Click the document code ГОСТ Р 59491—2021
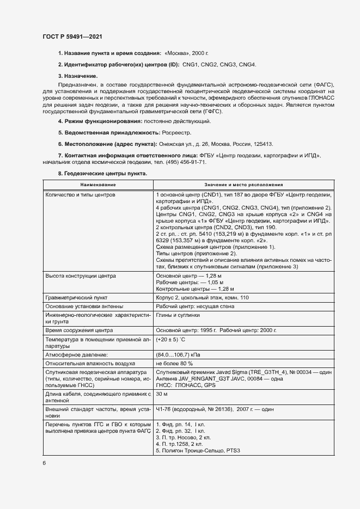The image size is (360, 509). (72, 37)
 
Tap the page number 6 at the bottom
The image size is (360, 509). (44, 463)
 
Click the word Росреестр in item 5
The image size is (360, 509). (177, 132)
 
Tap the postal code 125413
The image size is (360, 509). (261, 144)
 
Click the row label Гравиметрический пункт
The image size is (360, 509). (77, 298)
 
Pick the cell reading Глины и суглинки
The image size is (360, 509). (178, 315)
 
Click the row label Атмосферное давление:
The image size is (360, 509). (77, 354)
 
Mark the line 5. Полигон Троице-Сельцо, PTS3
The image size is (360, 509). (198, 450)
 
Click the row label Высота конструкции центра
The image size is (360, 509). (81, 276)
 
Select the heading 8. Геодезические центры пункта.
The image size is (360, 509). (102, 174)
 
